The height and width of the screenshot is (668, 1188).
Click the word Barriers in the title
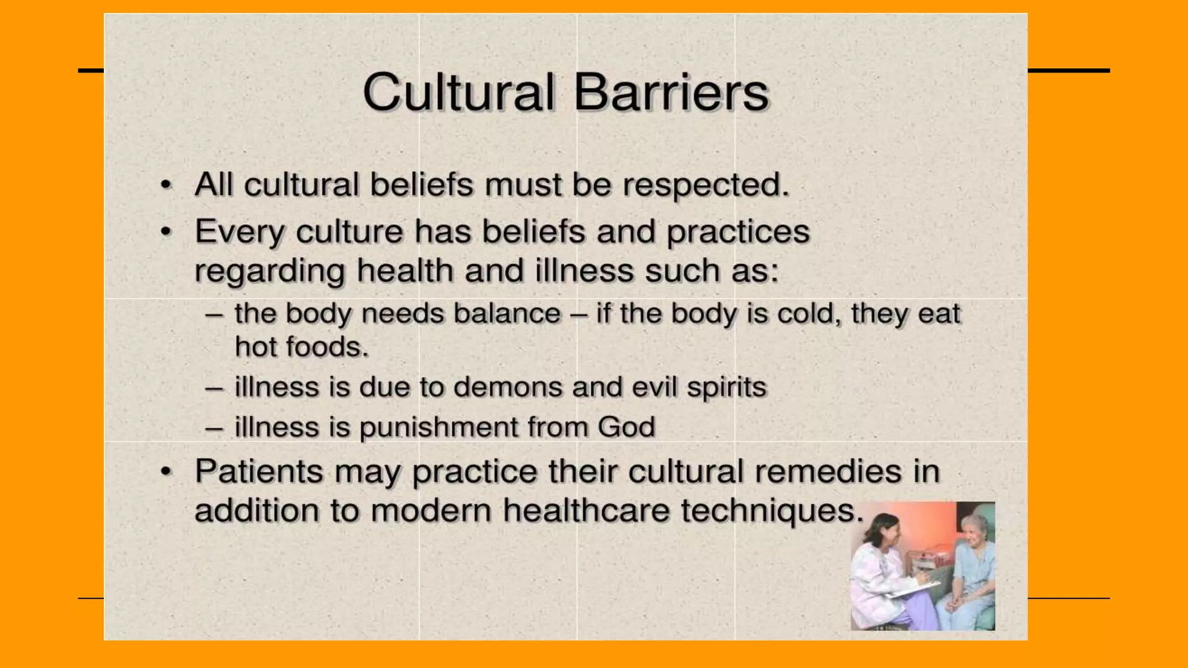pyautogui.click(x=671, y=93)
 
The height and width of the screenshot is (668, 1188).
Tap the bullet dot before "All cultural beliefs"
pyautogui.click(x=166, y=185)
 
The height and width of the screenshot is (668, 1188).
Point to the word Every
pyautogui.click(x=239, y=232)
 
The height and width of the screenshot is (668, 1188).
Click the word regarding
pyautogui.click(x=269, y=271)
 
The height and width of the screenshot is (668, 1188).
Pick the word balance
pyautogui.click(x=507, y=314)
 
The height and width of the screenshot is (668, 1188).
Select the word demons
pyautogui.click(x=507, y=387)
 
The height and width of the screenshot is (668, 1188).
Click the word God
pyautogui.click(x=626, y=427)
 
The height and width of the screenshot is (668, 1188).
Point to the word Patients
pyautogui.click(x=259, y=471)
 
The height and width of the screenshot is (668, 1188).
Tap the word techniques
pyautogui.click(x=772, y=511)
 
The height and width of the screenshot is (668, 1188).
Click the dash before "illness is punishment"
pyautogui.click(x=214, y=428)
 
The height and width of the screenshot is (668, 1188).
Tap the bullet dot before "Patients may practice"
pyautogui.click(x=166, y=471)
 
